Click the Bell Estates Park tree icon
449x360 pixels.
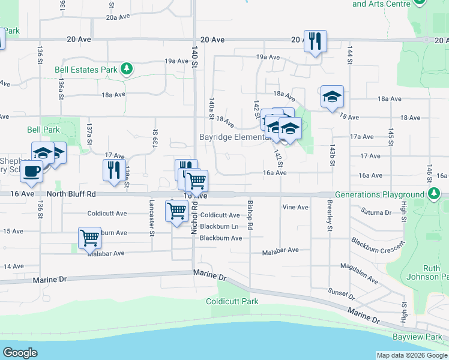click(127, 69)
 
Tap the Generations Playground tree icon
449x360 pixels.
click(433, 194)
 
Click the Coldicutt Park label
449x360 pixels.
click(232, 301)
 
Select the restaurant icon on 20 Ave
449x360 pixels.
click(315, 41)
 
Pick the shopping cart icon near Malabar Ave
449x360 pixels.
click(89, 238)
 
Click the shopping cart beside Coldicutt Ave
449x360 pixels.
click(176, 212)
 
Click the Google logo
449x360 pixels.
click(20, 353)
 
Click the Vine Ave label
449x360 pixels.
click(295, 207)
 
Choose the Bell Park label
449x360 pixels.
click(43, 129)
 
